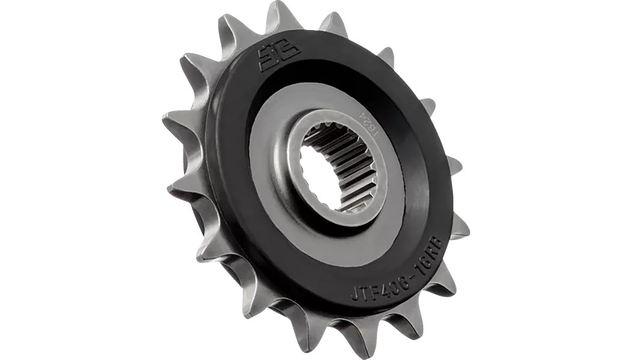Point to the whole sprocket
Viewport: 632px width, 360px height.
coord(316,180)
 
